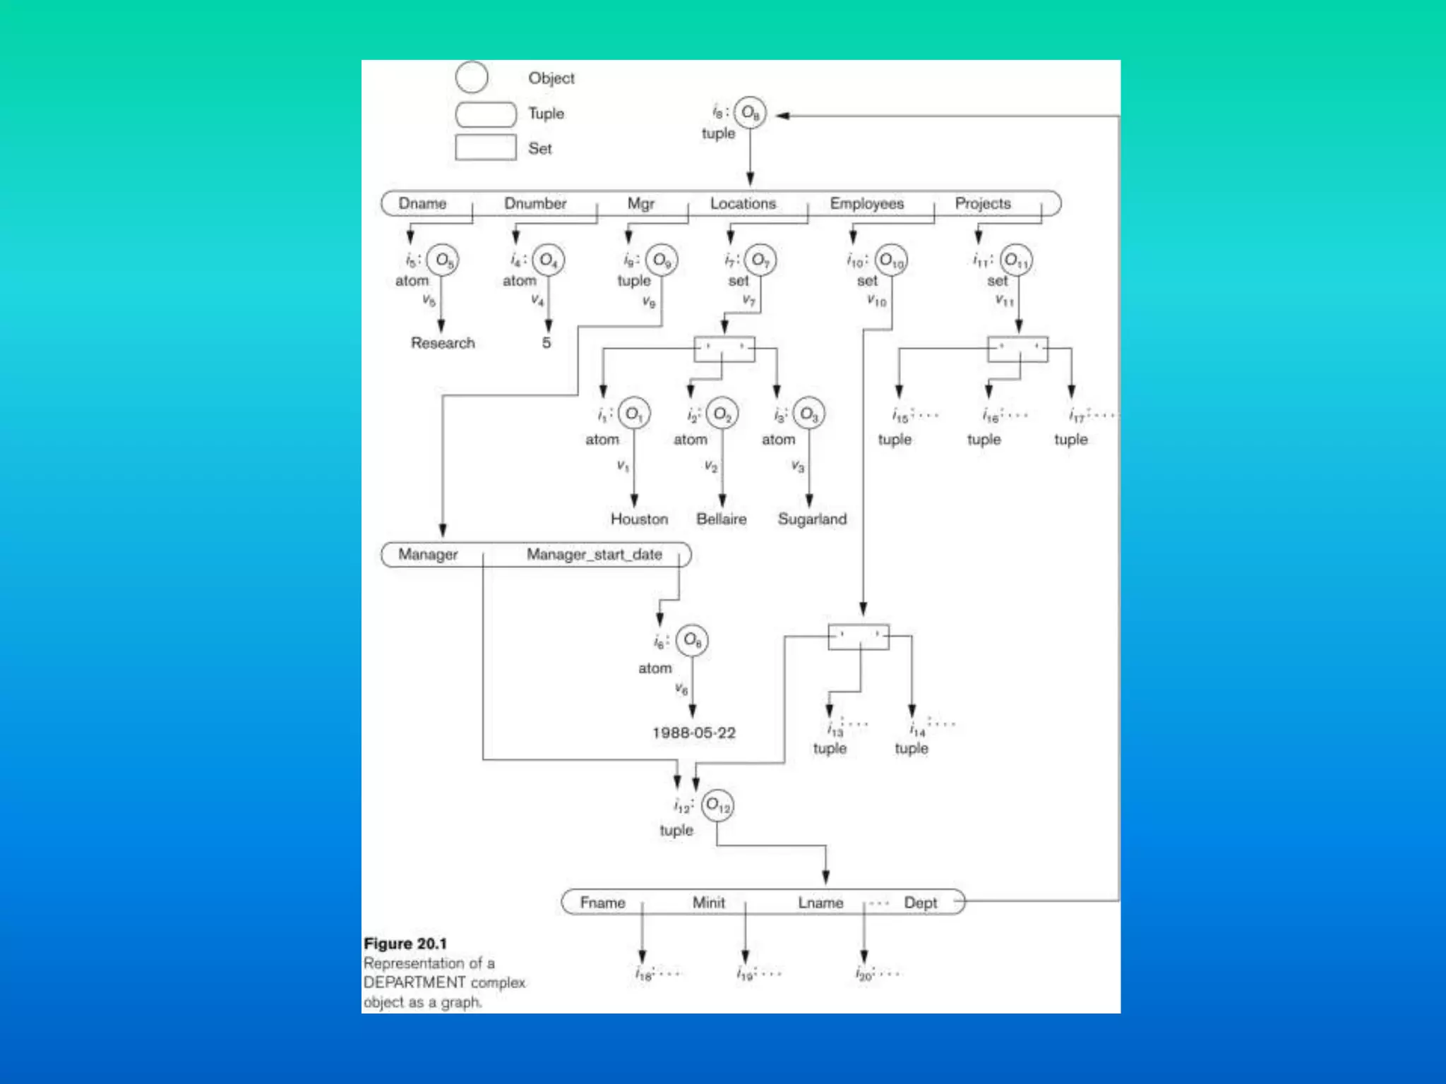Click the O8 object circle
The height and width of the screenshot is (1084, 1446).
(x=750, y=113)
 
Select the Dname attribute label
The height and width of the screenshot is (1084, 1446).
(x=422, y=203)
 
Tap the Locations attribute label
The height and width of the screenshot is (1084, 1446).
(x=743, y=203)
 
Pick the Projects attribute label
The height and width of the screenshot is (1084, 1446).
(x=983, y=203)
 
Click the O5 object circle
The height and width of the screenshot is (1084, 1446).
(x=443, y=260)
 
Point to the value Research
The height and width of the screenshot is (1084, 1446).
(x=443, y=343)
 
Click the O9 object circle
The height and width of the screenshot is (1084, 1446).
(x=662, y=260)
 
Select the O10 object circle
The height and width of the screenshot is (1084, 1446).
(x=891, y=261)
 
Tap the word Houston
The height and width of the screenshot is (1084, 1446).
(x=639, y=519)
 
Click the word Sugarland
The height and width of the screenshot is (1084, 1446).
(x=812, y=519)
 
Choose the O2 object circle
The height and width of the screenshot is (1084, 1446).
(x=722, y=414)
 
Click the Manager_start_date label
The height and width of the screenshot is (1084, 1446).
(x=594, y=555)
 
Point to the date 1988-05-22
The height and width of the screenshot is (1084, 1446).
(x=693, y=733)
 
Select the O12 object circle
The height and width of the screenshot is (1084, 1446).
(x=718, y=805)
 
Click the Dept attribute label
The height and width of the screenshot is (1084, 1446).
(x=921, y=903)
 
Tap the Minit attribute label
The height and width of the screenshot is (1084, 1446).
(x=708, y=903)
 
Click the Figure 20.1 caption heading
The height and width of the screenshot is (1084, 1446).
(x=405, y=944)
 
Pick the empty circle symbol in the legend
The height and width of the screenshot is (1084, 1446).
(x=472, y=77)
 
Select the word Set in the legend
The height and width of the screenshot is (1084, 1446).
(x=540, y=149)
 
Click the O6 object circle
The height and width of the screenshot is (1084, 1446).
(x=692, y=641)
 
